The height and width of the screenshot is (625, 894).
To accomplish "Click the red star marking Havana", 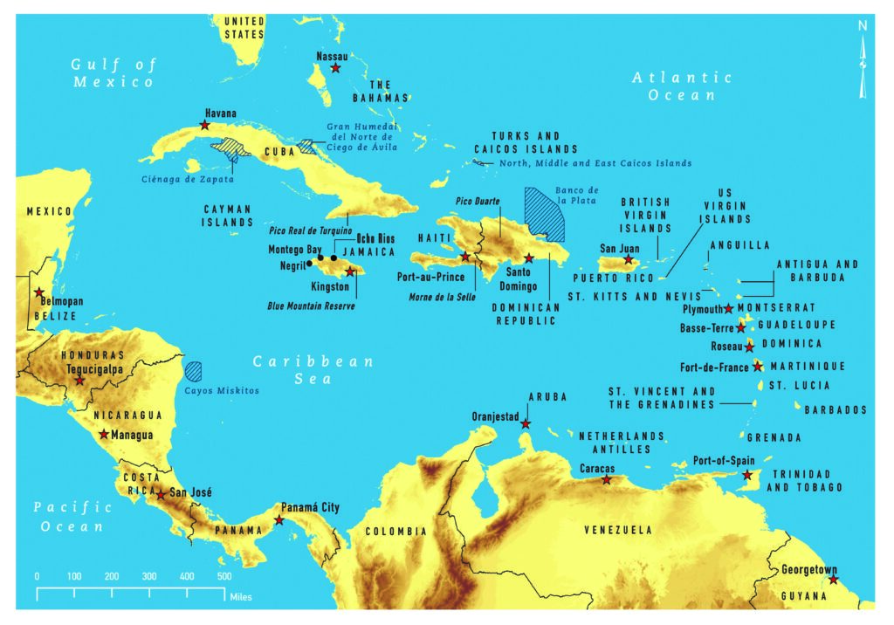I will [204, 126].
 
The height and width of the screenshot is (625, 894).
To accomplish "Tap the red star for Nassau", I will [336, 68].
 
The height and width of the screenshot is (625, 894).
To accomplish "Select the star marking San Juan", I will [628, 259].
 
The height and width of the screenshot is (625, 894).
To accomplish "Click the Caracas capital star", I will [607, 479].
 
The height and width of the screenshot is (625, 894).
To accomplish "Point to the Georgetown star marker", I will [833, 580].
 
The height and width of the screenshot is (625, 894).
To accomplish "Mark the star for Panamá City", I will [279, 520].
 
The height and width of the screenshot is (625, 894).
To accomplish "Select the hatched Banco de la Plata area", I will [543, 214].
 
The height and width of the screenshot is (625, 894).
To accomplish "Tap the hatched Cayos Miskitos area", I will [193, 371].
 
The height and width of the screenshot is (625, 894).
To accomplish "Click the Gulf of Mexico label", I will [113, 73].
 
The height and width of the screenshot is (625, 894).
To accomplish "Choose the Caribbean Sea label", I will [313, 369].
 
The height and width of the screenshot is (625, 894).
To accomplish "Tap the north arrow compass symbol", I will [863, 61].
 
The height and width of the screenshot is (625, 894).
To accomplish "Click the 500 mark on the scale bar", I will [223, 577].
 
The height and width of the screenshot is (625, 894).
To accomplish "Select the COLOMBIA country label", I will [395, 532].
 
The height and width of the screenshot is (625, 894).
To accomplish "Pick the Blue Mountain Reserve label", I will [312, 306].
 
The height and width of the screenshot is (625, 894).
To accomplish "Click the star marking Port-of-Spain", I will [747, 475].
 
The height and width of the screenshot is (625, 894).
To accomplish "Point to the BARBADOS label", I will [836, 409].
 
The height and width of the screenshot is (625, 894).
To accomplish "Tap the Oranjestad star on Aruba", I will [526, 424].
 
